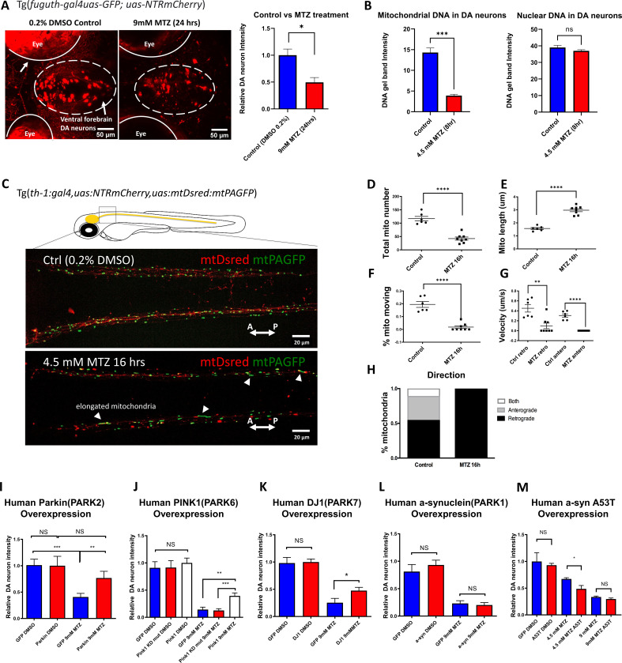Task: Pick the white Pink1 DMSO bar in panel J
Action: [187, 602]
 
